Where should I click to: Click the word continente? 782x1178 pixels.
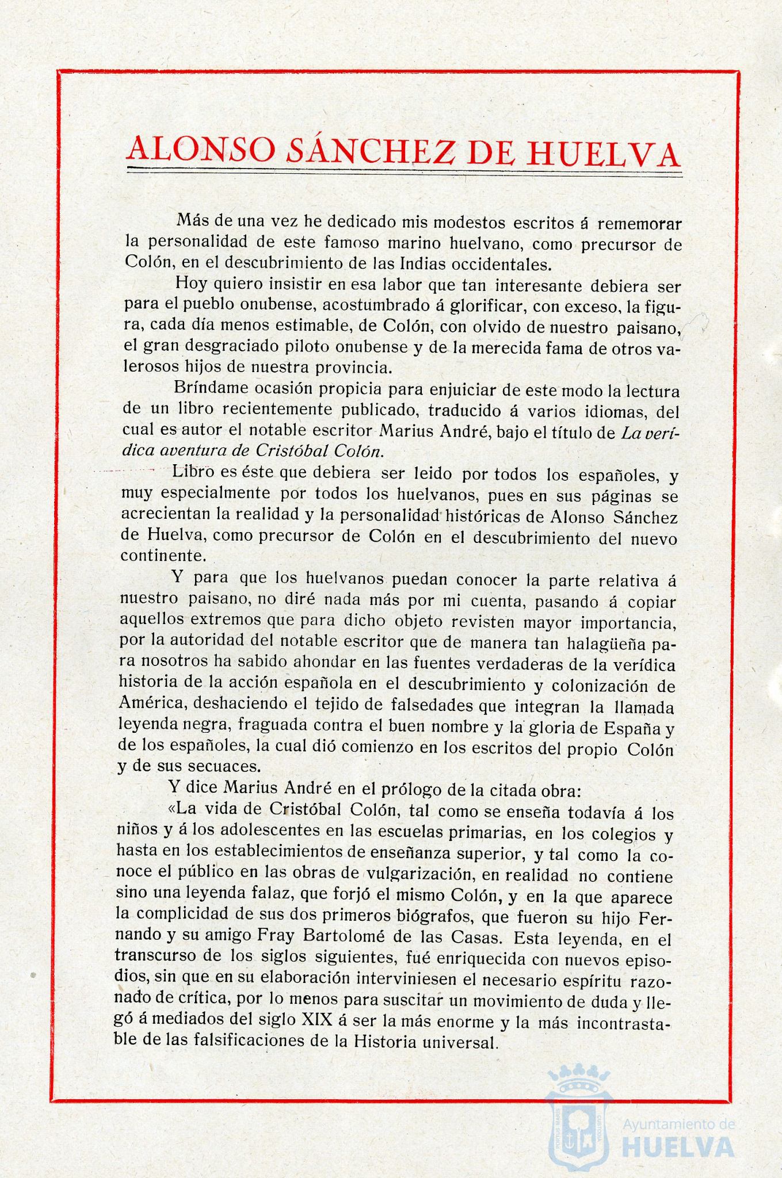162,556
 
